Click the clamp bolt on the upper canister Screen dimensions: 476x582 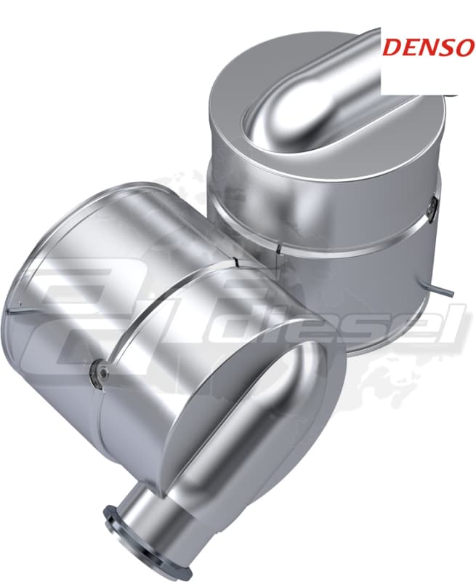432,208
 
